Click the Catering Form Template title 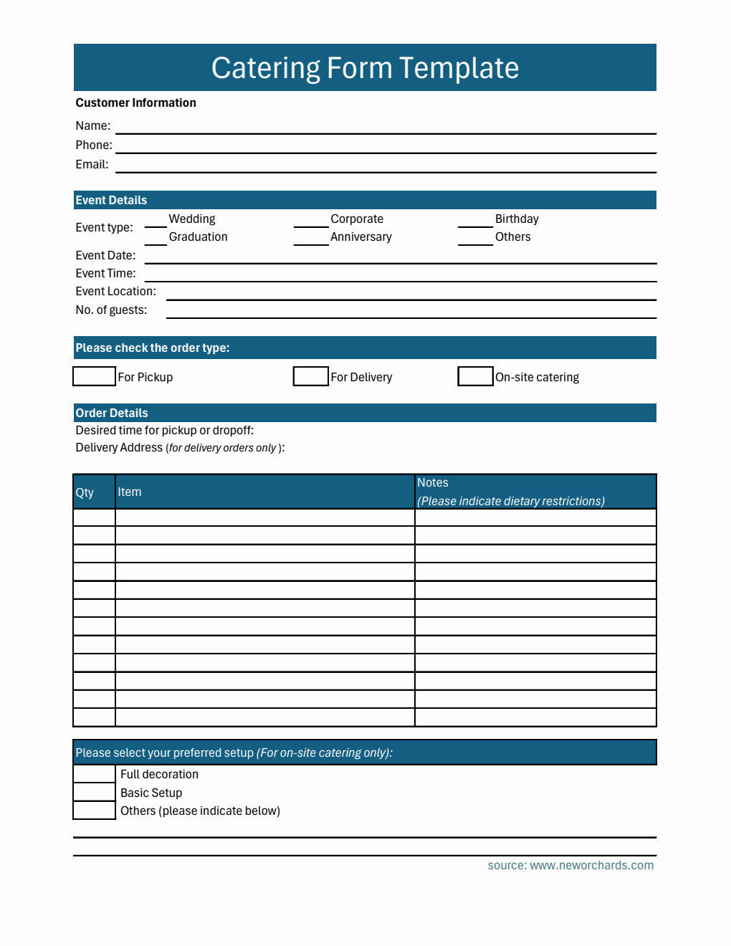point(365,68)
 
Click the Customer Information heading point(135,102)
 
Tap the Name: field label point(93,125)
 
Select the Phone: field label point(94,145)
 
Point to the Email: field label point(92,164)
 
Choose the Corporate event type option point(356,219)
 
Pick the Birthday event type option point(516,219)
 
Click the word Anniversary point(360,236)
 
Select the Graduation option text point(198,236)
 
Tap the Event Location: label point(115,291)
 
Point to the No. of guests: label point(111,310)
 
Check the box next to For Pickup point(94,376)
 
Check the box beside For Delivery point(311,376)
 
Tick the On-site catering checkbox point(475,376)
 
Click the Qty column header point(85,492)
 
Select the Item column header point(129,492)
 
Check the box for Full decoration point(94,774)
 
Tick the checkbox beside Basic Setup point(94,792)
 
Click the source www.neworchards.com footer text point(570,865)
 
